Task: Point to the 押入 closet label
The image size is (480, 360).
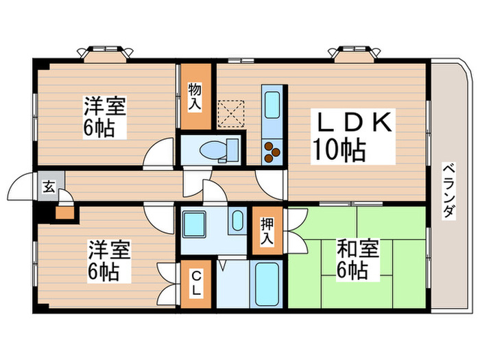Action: click(267, 230)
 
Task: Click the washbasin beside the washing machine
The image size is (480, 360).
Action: click(236, 222)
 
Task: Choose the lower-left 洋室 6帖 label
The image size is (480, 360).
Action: click(108, 261)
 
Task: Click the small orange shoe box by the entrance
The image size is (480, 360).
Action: click(64, 212)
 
